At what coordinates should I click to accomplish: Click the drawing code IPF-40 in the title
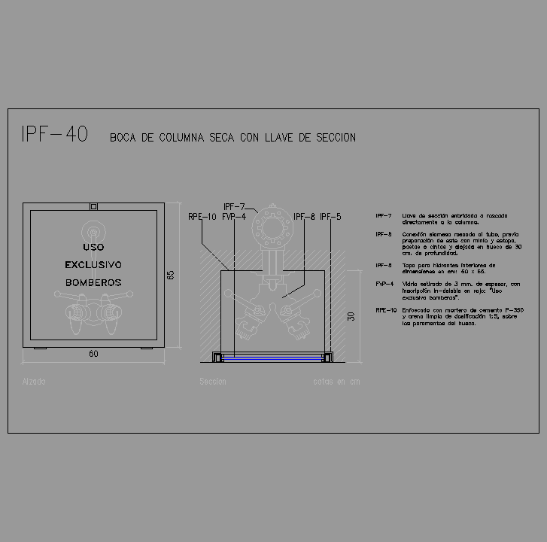tap(55, 135)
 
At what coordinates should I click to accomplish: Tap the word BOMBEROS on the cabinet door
tap(93, 282)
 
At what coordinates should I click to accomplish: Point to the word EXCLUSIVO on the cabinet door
tap(93, 264)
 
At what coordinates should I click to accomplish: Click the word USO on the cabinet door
tap(93, 247)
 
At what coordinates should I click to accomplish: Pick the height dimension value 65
tap(171, 275)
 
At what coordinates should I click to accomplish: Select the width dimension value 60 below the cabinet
tap(93, 354)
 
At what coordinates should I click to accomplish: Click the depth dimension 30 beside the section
tap(351, 317)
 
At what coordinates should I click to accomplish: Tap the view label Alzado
tap(34, 382)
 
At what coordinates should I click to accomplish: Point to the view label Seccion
tap(212, 382)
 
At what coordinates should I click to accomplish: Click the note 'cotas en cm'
tap(336, 382)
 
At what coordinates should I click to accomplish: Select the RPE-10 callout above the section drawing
tap(202, 217)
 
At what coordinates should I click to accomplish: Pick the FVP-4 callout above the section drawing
tap(234, 217)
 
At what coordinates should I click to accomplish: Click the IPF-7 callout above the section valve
tap(234, 206)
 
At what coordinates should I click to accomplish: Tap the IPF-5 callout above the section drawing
tap(330, 217)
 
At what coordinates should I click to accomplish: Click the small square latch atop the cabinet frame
tap(93, 206)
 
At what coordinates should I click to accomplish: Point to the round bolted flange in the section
tap(270, 227)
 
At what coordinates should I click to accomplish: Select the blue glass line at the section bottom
tap(270, 356)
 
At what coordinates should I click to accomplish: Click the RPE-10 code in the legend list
tap(386, 310)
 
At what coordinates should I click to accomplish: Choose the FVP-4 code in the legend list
tap(384, 284)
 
